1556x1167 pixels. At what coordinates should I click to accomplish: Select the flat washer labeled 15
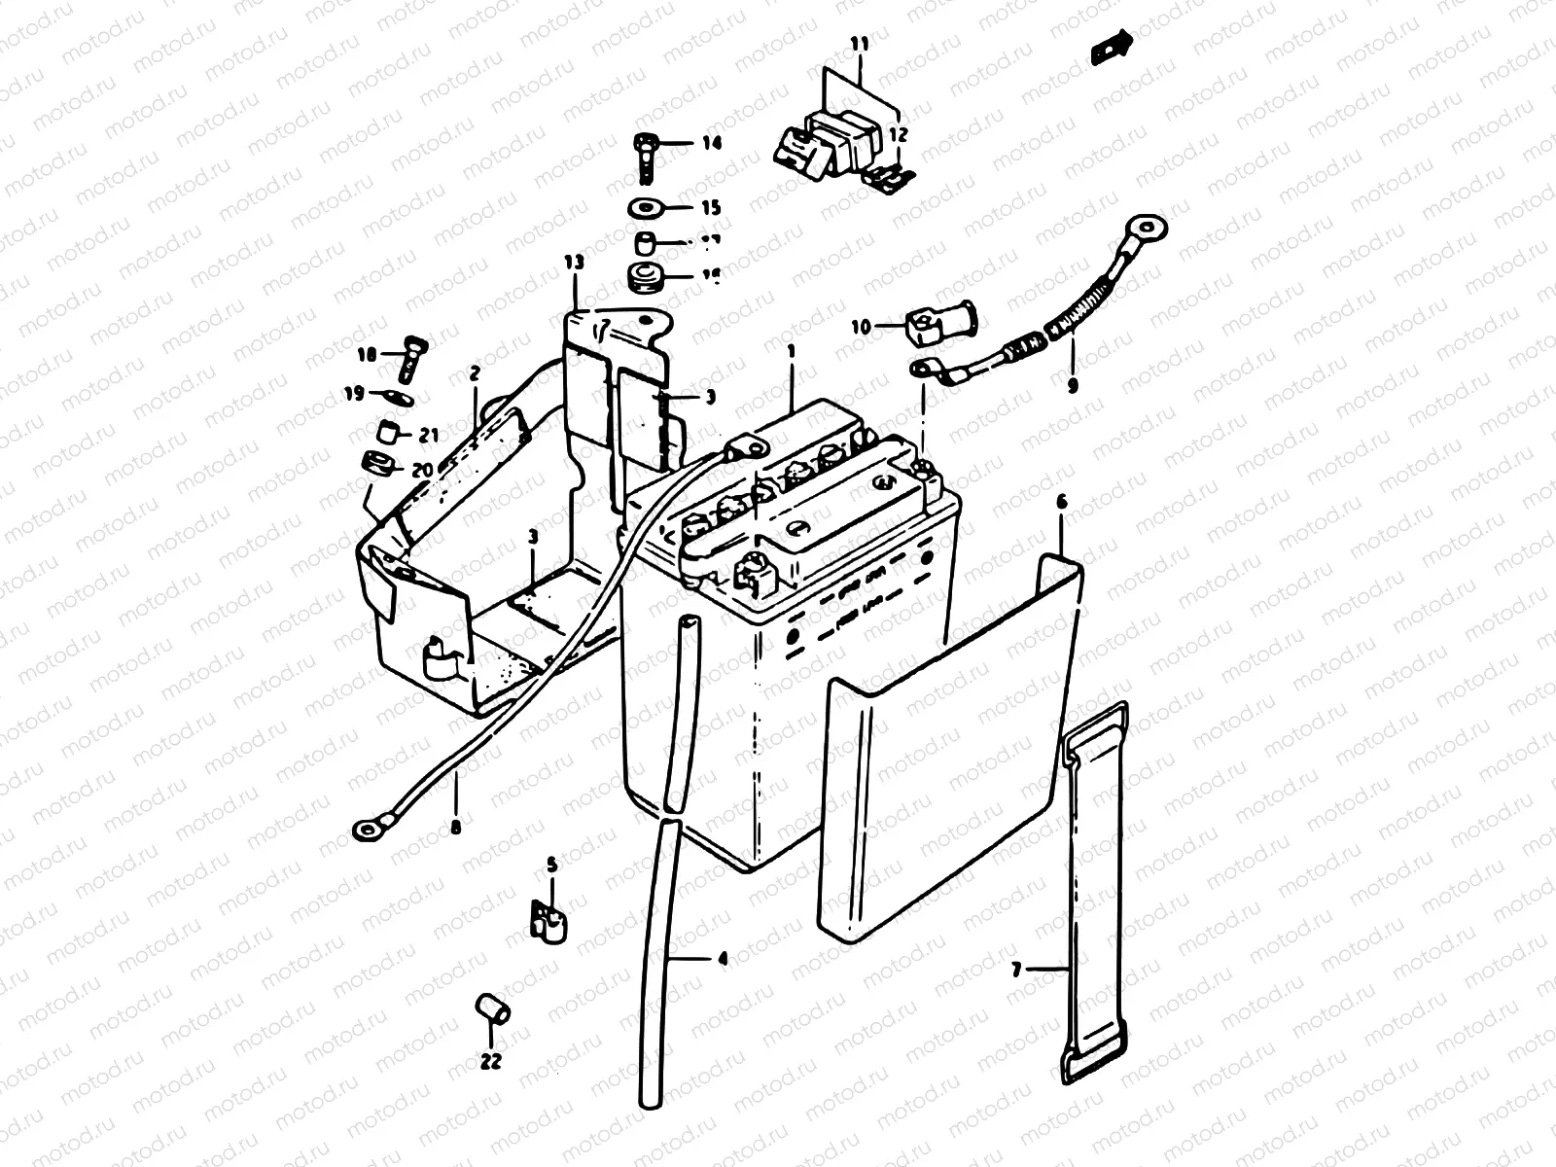[x=642, y=207]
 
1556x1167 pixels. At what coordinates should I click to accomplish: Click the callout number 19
[x=353, y=394]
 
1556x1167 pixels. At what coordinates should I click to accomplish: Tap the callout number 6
[x=1061, y=503]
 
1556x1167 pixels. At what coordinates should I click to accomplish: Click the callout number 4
[x=721, y=959]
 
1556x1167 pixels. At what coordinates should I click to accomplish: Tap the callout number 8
[x=455, y=830]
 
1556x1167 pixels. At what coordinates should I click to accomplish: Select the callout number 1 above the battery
[x=792, y=349]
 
